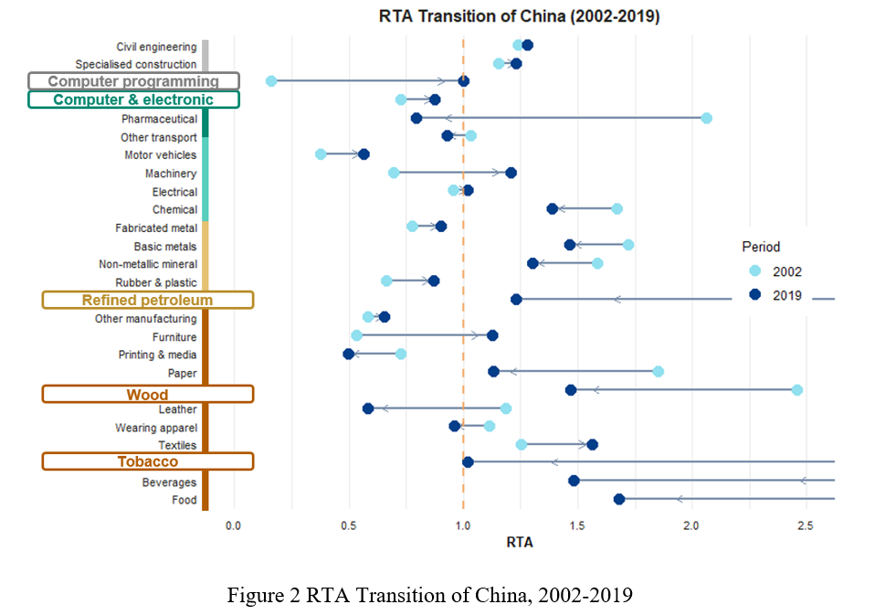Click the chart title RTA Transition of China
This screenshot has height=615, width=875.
coord(519,16)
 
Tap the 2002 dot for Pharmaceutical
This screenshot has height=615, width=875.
coord(706,118)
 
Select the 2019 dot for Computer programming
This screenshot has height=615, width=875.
coord(463,81)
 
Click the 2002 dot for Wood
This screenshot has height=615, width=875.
coord(796,390)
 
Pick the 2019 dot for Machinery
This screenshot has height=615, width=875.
coord(511,173)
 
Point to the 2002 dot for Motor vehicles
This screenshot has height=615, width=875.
coord(321,154)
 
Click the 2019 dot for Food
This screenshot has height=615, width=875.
coord(619,499)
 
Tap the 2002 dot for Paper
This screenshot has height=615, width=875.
coord(658,371)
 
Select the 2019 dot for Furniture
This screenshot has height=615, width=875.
coord(492,335)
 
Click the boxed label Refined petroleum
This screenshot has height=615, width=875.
coord(147,300)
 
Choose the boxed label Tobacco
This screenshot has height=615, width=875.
coord(147,462)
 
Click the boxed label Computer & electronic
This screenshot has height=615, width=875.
coord(133,100)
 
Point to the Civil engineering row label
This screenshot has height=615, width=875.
coord(156,47)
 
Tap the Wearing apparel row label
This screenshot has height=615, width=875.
coord(156,428)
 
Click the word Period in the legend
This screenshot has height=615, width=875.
coord(761,247)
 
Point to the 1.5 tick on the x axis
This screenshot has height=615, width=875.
coord(577,526)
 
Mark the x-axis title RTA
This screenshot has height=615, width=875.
coord(519,543)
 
